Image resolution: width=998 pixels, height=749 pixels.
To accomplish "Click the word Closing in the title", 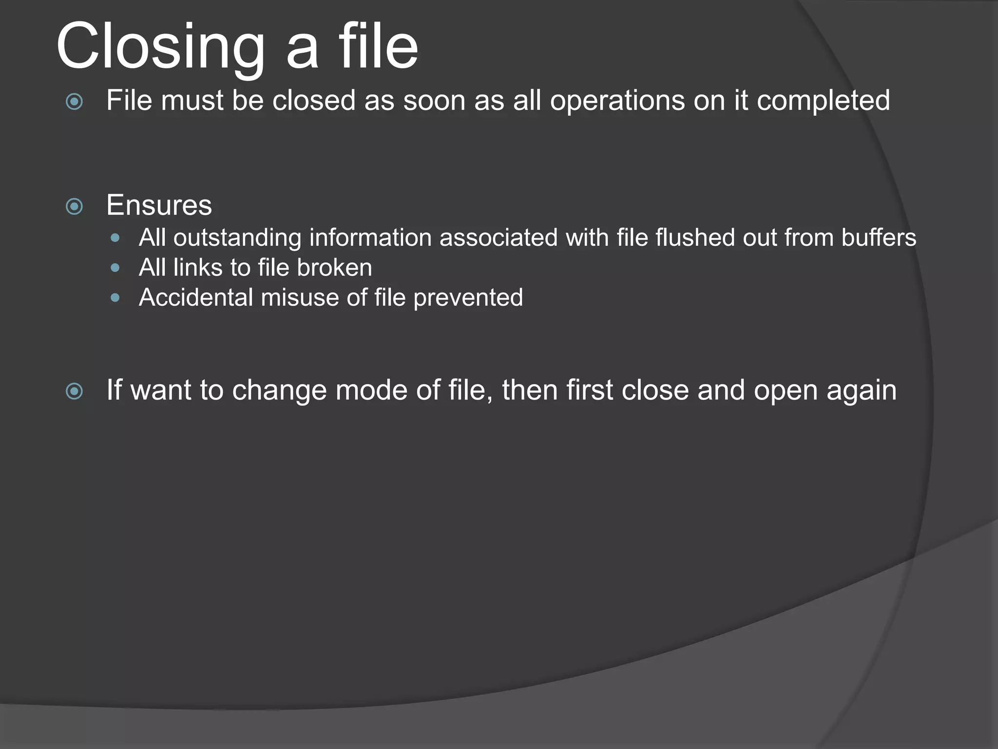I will (x=161, y=47).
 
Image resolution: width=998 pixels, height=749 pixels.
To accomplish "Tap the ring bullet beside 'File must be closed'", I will (x=75, y=102).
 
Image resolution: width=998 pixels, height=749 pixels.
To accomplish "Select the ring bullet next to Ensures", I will (x=75, y=207).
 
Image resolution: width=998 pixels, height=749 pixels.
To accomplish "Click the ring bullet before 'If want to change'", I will (x=75, y=391).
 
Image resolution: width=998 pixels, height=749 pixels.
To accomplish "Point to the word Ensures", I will (x=159, y=205).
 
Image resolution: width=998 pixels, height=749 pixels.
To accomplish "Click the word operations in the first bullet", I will (x=616, y=100).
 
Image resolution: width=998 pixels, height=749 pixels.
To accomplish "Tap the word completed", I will (x=823, y=100).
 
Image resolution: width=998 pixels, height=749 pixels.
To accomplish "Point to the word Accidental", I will (x=196, y=297).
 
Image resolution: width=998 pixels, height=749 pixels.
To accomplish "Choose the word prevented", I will (x=468, y=297).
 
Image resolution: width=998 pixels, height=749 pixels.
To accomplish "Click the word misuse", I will (x=300, y=297).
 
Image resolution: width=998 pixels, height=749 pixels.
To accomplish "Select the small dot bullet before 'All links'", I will (x=115, y=268).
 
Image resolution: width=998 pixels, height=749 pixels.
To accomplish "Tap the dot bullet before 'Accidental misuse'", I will (x=115, y=297).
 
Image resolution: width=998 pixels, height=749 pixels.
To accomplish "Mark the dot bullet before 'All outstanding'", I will (x=115, y=238).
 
